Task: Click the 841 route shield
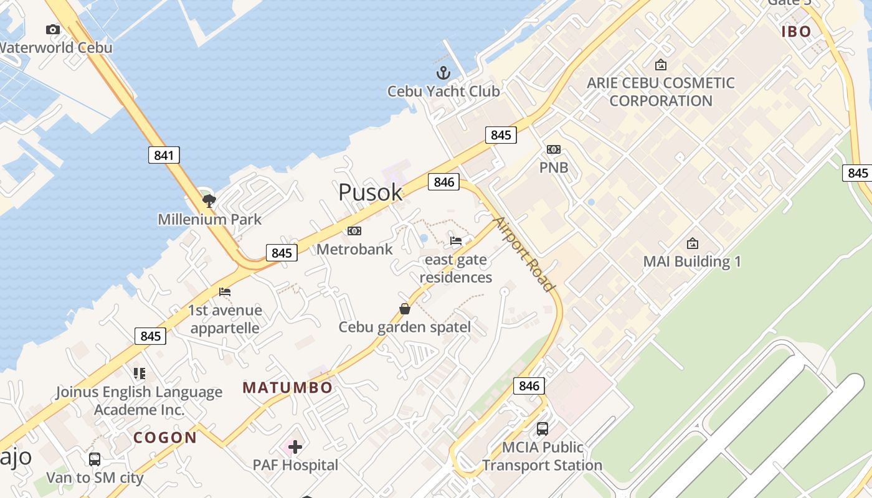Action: [x=164, y=155]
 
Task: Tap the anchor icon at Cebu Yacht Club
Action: [x=443, y=73]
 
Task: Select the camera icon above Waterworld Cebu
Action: [x=53, y=29]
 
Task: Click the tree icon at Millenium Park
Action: [x=209, y=200]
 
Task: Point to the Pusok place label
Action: [x=370, y=192]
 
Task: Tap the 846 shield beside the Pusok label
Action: [x=443, y=182]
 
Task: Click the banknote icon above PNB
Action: [x=553, y=149]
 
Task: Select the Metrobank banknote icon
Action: [x=354, y=231]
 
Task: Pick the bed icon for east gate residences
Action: [x=456, y=241]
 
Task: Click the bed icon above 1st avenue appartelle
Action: [x=225, y=291]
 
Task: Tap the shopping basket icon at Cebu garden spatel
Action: [x=405, y=309]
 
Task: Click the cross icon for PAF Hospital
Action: [x=295, y=446]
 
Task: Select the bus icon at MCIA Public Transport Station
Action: [x=543, y=428]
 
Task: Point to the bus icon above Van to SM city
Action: [x=95, y=459]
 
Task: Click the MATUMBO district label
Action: [x=288, y=388]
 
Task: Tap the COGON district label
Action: [x=165, y=438]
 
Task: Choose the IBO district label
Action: [x=796, y=32]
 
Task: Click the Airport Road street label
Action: [x=524, y=254]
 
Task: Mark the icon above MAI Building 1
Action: [x=692, y=243]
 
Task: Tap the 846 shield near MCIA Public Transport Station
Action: [x=529, y=386]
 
